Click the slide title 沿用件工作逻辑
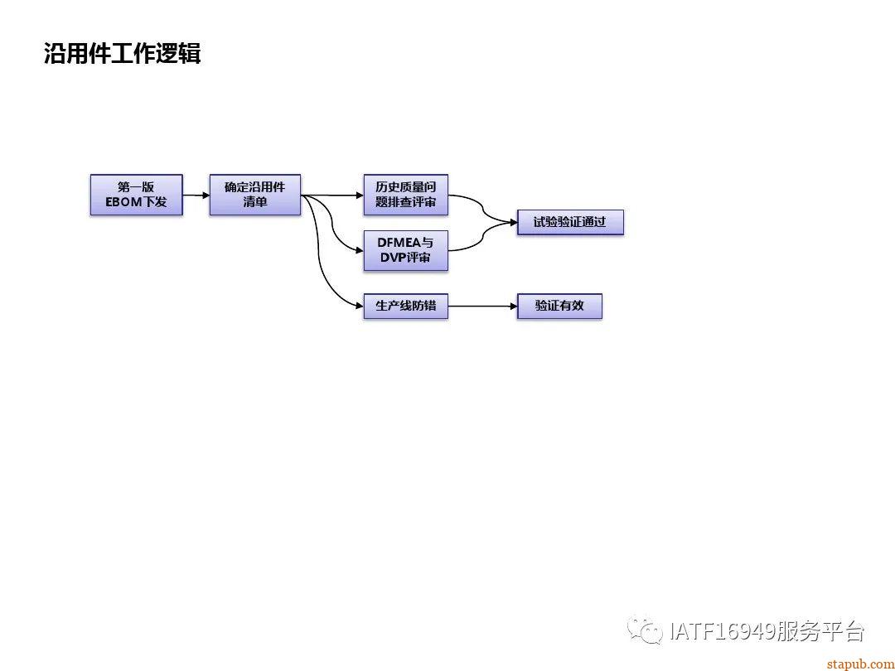[x=122, y=55]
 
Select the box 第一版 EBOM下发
[x=136, y=195]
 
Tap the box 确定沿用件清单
[x=254, y=195]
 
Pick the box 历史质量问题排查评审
[x=405, y=195]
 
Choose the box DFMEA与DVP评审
[x=405, y=250]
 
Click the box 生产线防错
[x=405, y=306]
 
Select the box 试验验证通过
[x=569, y=222]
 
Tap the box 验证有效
[x=559, y=306]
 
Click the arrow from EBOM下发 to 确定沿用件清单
[x=196, y=196]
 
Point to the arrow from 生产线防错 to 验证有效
[x=482, y=307]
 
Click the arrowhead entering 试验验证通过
[x=511, y=222]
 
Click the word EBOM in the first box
[x=124, y=202]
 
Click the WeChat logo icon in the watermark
[x=644, y=630]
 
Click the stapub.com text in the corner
[x=860, y=664]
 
